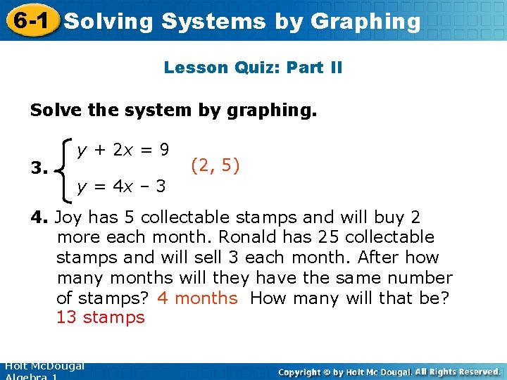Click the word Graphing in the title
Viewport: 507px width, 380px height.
[365, 21]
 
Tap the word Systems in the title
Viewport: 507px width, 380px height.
[214, 21]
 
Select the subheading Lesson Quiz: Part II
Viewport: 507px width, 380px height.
[253, 68]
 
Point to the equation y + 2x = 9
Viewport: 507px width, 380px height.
[123, 149]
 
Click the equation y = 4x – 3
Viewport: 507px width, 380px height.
[121, 186]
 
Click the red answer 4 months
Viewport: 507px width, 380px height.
[198, 298]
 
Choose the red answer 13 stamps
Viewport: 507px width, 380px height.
[101, 317]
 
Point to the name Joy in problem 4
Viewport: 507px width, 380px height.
[68, 217]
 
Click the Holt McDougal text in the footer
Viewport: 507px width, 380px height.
[44, 367]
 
